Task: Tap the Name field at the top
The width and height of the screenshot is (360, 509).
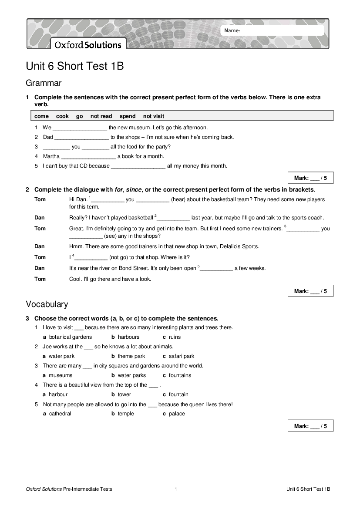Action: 273,30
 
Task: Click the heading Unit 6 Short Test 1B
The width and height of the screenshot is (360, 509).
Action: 75,66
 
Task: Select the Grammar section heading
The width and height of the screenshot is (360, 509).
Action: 44,83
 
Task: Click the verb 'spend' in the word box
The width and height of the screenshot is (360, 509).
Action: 128,116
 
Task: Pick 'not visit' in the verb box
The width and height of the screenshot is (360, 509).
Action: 154,116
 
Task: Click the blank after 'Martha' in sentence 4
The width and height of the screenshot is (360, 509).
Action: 89,157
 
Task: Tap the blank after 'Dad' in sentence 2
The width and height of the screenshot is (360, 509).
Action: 81,138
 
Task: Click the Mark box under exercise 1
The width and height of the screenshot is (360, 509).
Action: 310,178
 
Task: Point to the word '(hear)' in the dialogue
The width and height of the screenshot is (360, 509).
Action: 180,199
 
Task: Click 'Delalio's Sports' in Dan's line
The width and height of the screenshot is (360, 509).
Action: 239,246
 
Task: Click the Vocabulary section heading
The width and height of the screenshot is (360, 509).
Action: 47,304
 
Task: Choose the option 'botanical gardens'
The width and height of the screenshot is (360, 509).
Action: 71,337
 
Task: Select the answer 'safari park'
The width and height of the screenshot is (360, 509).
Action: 182,356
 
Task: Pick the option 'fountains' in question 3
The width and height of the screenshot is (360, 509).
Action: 180,375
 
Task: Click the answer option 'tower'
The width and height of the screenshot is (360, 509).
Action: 124,394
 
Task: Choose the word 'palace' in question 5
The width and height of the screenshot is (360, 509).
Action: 177,414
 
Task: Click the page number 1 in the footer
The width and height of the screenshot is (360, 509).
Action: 176,489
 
